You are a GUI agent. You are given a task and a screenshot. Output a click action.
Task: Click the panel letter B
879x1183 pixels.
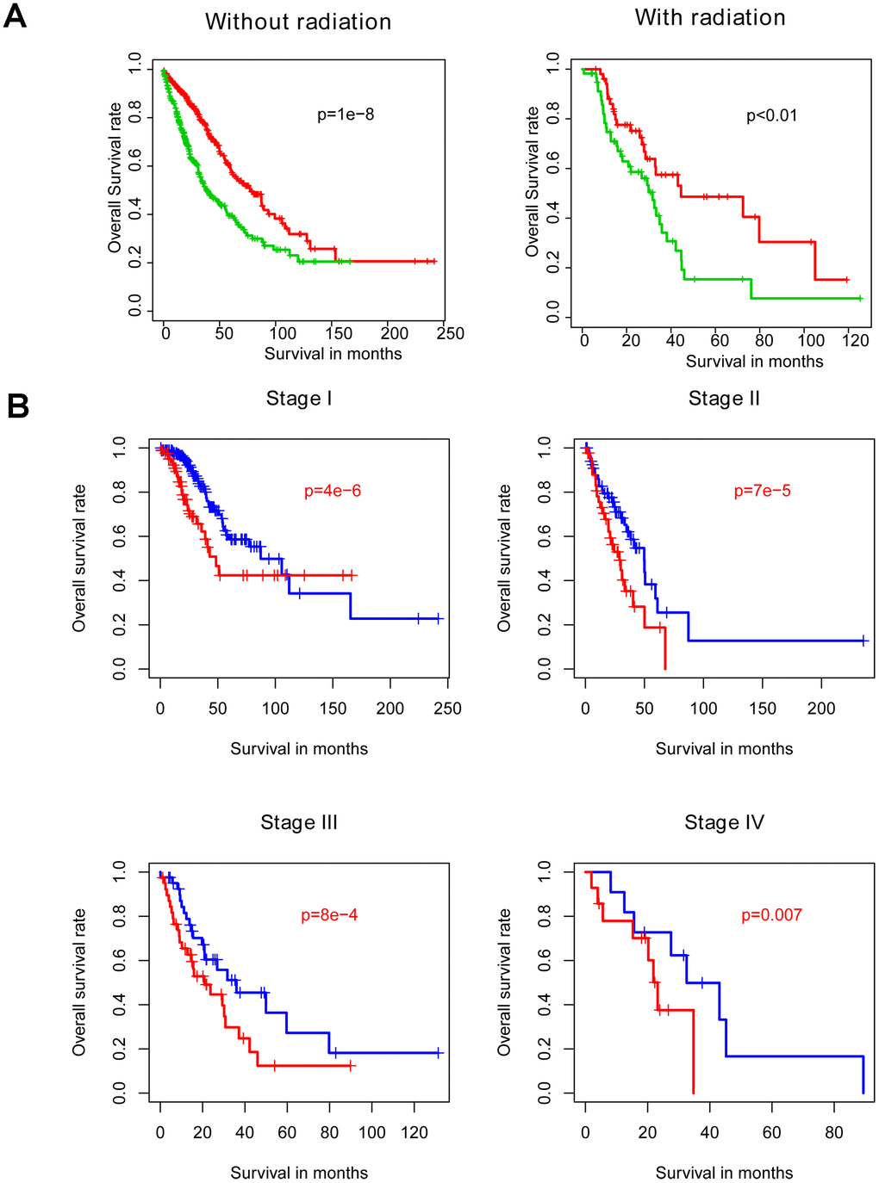tap(18, 406)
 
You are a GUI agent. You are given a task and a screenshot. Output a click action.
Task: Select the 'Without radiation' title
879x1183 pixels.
tap(298, 22)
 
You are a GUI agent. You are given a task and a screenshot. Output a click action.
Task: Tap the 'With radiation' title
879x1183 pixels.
tap(710, 17)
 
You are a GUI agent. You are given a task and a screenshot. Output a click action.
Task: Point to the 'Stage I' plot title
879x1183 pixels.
tap(299, 399)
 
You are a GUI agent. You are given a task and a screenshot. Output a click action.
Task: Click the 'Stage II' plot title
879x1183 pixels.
tap(724, 399)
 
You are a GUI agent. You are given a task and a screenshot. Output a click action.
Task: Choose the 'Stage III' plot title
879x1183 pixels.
tap(299, 823)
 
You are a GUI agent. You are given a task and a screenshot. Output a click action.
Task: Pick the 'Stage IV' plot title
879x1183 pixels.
tap(724, 823)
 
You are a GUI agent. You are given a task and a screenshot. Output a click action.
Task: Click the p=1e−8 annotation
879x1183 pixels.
tap(346, 115)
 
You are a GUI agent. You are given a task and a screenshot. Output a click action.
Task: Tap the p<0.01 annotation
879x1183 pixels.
tap(771, 115)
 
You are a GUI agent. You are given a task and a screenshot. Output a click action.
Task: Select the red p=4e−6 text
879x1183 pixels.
tap(333, 492)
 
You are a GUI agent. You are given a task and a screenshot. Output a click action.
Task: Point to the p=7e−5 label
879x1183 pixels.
tap(762, 492)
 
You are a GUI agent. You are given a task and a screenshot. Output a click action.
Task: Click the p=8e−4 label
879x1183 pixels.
tap(329, 915)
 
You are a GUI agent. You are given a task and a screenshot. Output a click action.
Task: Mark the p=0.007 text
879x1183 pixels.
tap(771, 915)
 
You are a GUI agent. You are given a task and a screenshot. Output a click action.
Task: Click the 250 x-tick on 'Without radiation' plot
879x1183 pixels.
tap(451, 334)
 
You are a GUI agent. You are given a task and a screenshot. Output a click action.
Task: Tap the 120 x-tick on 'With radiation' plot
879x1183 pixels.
tap(856, 340)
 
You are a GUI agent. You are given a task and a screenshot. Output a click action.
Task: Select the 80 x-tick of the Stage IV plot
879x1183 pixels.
tap(834, 1133)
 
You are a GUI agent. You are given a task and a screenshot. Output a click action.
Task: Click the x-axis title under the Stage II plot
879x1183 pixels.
tap(724, 749)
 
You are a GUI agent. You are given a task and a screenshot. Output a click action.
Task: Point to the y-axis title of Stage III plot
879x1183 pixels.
tap(79, 982)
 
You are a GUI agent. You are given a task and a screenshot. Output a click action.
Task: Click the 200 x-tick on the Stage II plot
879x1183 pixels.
tap(821, 709)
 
